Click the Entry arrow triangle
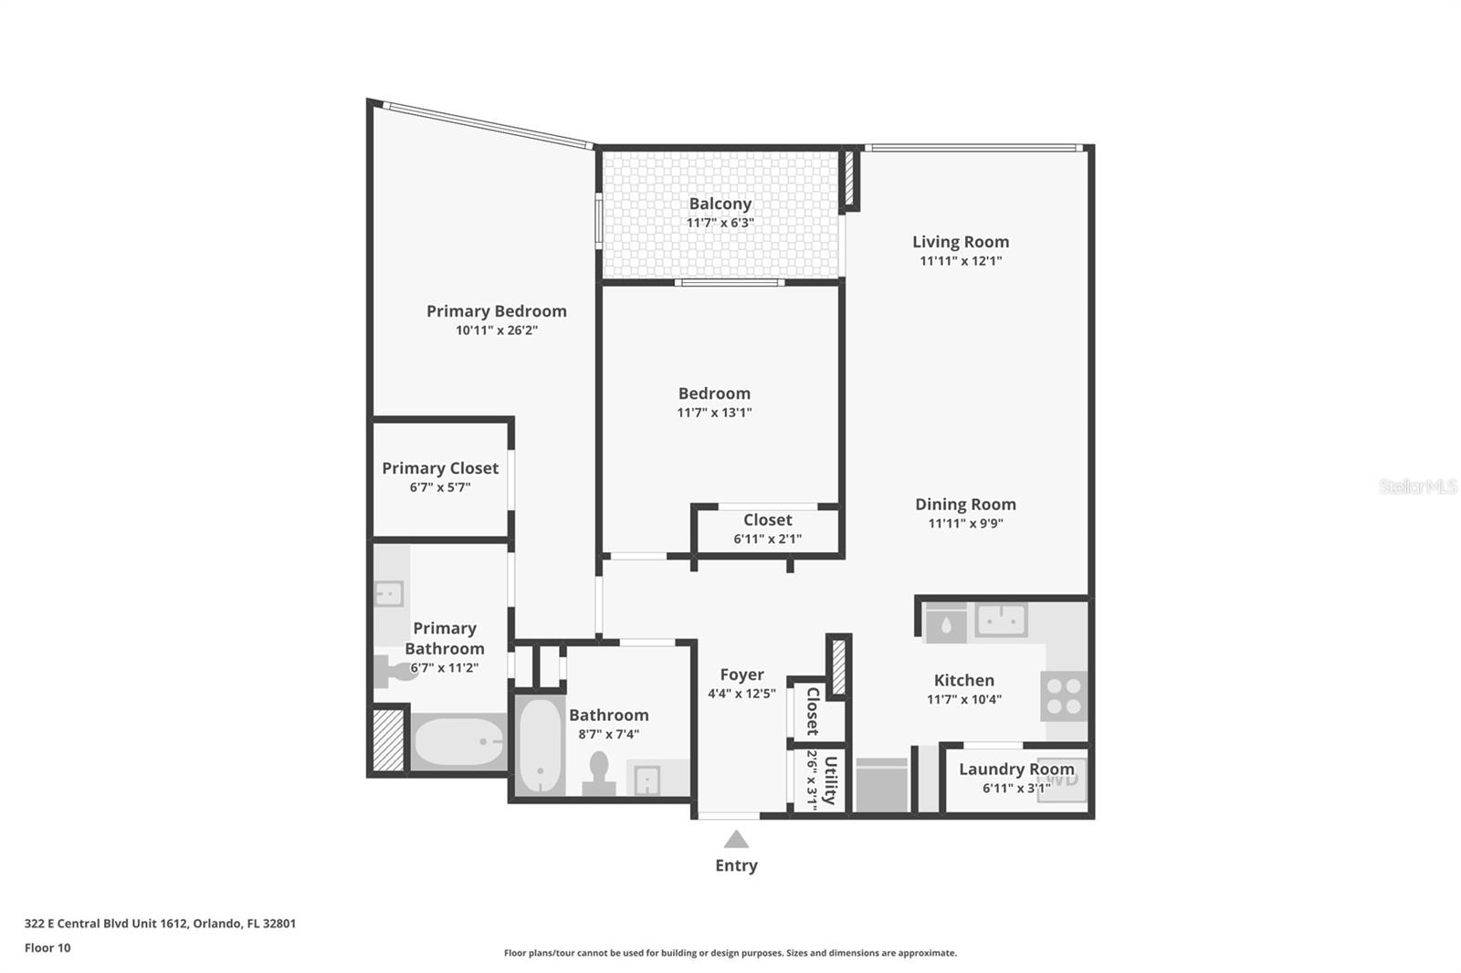coord(736,840)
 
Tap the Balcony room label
coord(720,204)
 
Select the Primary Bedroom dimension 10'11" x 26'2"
coord(497,330)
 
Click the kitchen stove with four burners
coord(1064,696)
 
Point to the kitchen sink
coord(1001,621)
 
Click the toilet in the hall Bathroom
coord(599,772)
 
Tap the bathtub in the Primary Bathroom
coord(458,741)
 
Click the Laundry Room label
coord(1016,769)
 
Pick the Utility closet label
coord(830,780)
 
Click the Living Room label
coord(961,242)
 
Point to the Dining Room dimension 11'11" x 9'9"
coord(965,524)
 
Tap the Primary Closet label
coord(440,468)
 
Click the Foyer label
coord(741,675)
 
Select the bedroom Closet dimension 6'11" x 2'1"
coord(767,539)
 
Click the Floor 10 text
coord(47,947)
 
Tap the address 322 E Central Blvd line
coord(160,923)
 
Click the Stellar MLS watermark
coord(1417,486)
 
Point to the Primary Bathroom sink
coord(389,593)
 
